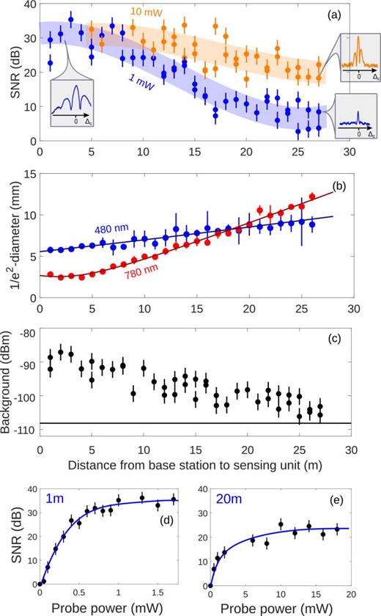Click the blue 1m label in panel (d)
(53, 499)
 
